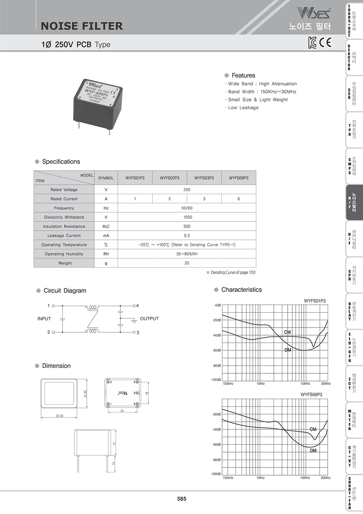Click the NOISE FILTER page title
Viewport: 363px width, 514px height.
tap(82, 26)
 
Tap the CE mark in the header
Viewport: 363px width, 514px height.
tap(325, 42)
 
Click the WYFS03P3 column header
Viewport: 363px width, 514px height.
tap(204, 178)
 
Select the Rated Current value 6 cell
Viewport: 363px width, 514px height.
tap(239, 199)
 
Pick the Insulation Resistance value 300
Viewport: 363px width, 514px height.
tap(187, 226)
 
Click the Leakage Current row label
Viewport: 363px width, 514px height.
tap(64, 236)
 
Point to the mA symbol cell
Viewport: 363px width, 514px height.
tap(106, 236)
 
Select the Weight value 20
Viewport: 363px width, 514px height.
tap(187, 263)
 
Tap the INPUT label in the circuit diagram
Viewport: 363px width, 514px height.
tap(44, 319)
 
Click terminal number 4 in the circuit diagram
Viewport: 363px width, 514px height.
tap(138, 306)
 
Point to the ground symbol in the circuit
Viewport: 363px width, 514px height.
tap(134, 320)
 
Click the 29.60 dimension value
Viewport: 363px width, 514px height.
tap(60, 416)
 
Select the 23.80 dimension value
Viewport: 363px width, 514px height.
tap(85, 394)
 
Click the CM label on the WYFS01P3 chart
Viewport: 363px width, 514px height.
tap(287, 332)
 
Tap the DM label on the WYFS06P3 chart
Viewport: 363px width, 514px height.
tap(313, 450)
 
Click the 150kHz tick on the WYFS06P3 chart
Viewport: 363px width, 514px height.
tap(228, 478)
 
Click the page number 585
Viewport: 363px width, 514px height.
tap(182, 499)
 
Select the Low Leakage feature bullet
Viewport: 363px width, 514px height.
tap(243, 108)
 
